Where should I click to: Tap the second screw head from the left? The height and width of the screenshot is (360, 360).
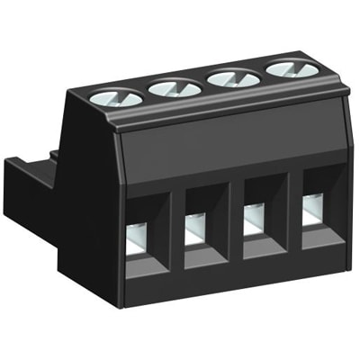click(x=175, y=86)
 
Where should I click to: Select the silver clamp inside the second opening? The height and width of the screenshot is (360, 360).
click(x=195, y=231)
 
